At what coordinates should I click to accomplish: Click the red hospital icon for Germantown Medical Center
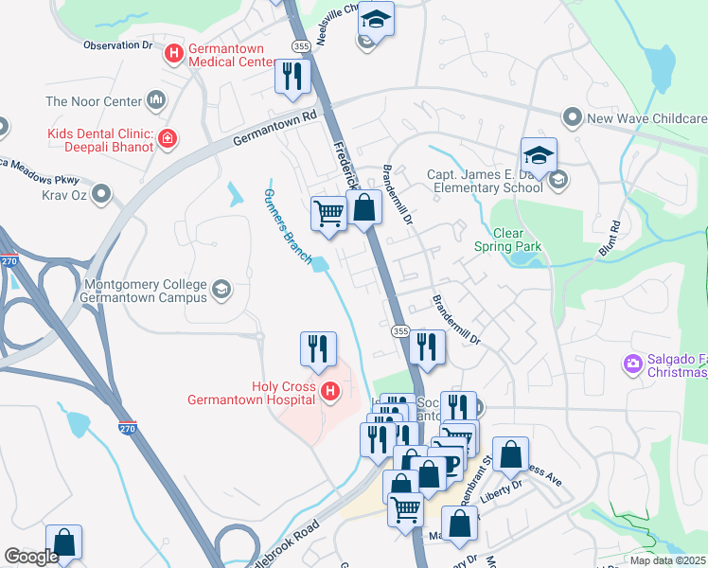pos(173,54)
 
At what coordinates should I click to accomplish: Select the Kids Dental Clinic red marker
pos(168,140)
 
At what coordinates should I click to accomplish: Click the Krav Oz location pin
pos(102,196)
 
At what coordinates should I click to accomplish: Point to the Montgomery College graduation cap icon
pos(221,289)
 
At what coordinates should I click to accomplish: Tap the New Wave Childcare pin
pos(572,118)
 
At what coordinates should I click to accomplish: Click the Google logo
pos(31,557)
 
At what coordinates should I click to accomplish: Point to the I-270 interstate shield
pos(127,429)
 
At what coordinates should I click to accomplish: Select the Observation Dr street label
pos(117,44)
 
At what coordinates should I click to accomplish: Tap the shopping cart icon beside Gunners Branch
pos(328,213)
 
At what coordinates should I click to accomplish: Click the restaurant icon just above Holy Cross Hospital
pos(318,349)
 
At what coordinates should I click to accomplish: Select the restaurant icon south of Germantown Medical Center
pos(292,77)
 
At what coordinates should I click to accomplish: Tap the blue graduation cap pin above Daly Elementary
pos(538,156)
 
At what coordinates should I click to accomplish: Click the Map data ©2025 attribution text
pos(668,560)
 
